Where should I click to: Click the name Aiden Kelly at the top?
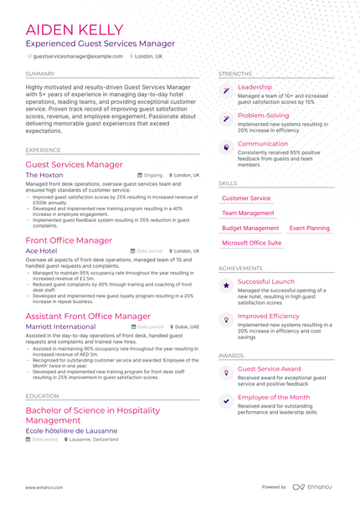pyautogui.click(x=75, y=30)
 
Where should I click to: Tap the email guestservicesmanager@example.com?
pyautogui.click(x=77, y=56)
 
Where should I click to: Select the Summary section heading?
pyautogui.click(x=41, y=74)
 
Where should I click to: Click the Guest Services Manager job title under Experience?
pyautogui.click(x=75, y=165)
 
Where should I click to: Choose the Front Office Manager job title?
pyautogui.click(x=69, y=240)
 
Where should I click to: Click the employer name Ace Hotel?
pyautogui.click(x=42, y=250)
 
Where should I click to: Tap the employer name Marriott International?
pyautogui.click(x=60, y=326)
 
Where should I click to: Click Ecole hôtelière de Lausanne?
pyautogui.click(x=71, y=430)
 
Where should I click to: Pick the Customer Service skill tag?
pyautogui.click(x=246, y=198)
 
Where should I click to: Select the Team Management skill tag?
pyautogui.click(x=248, y=213)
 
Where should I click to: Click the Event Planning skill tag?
pyautogui.click(x=309, y=228)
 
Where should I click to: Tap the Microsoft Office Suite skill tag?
pyautogui.click(x=251, y=243)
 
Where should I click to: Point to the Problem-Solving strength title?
pyautogui.click(x=263, y=116)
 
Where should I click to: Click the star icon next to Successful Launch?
pyautogui.click(x=225, y=285)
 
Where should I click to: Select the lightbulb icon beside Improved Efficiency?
pyautogui.click(x=225, y=320)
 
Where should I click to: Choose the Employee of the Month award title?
pyautogui.click(x=273, y=397)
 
